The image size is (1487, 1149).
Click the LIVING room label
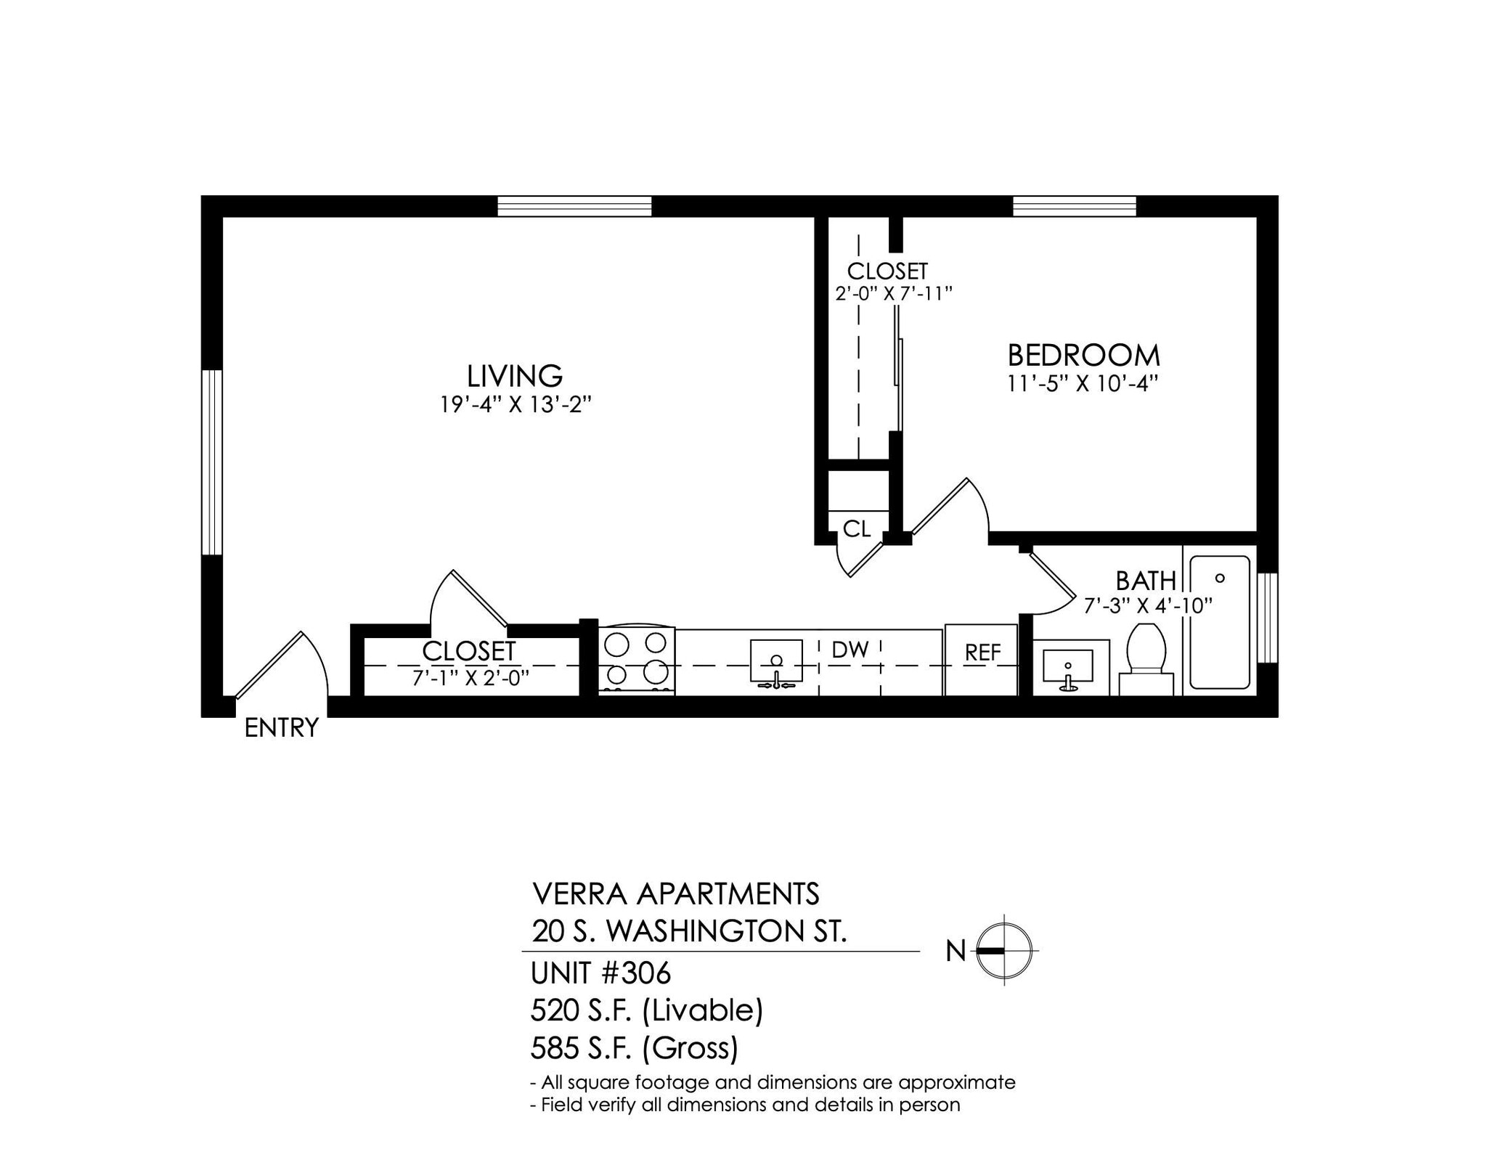point(514,376)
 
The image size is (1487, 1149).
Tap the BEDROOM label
point(1083,356)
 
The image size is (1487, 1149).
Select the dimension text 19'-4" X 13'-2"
point(515,404)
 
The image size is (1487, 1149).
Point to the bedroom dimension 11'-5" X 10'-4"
point(1082,383)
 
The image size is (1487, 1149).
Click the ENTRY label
point(281,727)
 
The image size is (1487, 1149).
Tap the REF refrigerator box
point(982,659)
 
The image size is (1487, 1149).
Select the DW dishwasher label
point(850,650)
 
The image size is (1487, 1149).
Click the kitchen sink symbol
point(776,663)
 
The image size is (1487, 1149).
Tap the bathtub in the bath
point(1219,622)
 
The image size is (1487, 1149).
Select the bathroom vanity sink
point(1067,668)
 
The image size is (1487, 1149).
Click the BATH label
point(1145,581)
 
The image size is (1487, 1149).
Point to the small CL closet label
point(857,529)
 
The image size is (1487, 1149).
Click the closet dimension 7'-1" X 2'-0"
point(470,678)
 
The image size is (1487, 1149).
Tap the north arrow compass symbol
point(1003,950)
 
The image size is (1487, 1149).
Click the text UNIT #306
point(601,973)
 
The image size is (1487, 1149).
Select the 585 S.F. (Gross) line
point(635,1047)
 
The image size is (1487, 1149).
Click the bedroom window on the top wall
point(1074,206)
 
